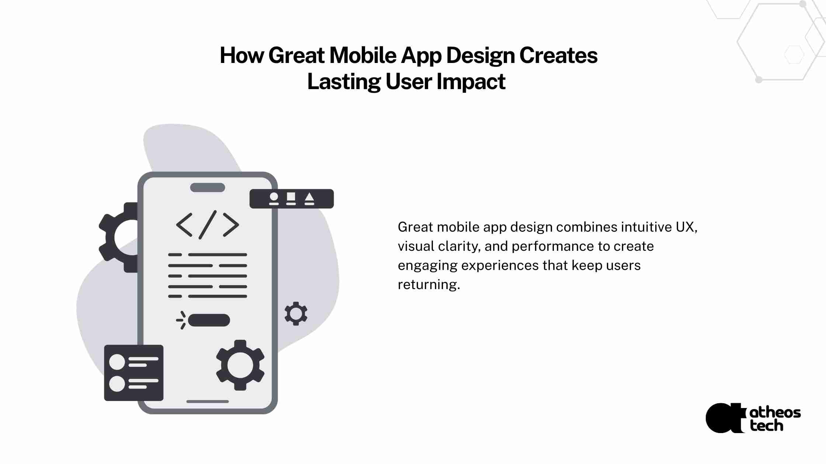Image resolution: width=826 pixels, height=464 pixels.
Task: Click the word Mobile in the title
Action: [x=363, y=55]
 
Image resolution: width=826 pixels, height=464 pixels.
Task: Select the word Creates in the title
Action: [x=558, y=55]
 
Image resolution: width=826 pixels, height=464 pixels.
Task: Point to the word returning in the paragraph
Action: [x=429, y=285]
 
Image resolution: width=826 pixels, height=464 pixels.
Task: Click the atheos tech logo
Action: [x=753, y=418]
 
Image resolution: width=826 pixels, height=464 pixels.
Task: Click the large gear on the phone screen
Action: [x=240, y=365]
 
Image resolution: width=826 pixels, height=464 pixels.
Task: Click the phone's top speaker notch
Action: [x=208, y=187]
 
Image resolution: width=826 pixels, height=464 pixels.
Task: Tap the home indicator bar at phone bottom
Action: [x=208, y=401]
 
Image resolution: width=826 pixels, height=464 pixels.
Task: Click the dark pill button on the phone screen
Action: [x=209, y=320]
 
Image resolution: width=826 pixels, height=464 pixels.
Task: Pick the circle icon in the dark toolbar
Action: [x=274, y=197]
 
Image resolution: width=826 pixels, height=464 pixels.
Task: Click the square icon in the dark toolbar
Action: [x=291, y=197]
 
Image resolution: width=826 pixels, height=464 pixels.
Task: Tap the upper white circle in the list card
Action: [x=117, y=362]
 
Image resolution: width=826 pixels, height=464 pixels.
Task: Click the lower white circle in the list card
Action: [x=117, y=384]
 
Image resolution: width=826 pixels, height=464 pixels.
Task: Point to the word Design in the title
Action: [x=480, y=56]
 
